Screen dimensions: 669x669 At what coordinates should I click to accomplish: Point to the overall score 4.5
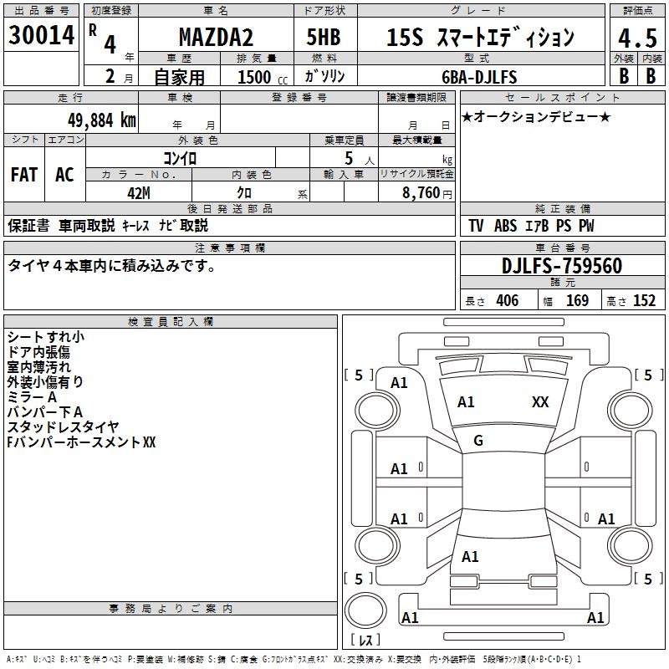[x=636, y=38]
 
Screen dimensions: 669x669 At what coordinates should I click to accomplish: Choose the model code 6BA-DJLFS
[x=479, y=77]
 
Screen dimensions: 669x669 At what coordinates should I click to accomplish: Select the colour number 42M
[x=139, y=193]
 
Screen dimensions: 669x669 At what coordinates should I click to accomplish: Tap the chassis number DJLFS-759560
[x=561, y=266]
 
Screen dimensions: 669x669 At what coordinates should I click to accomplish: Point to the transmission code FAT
[x=24, y=175]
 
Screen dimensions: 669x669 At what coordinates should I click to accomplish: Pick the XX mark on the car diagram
[x=540, y=402]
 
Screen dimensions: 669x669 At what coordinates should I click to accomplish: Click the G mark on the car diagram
[x=478, y=441]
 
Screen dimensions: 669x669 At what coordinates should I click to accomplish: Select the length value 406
[x=507, y=301]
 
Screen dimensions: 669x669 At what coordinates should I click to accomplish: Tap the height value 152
[x=644, y=301]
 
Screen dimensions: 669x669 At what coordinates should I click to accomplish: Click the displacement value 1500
[x=254, y=77]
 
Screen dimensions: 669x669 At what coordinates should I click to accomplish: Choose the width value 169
[x=577, y=301]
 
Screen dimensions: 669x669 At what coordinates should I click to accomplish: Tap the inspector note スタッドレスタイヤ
[x=64, y=427]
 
